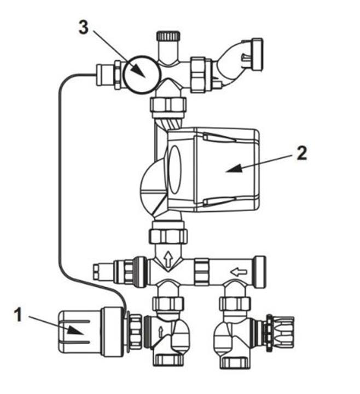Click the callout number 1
pyautogui.click(x=18, y=315)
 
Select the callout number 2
pyautogui.click(x=301, y=154)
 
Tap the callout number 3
pyautogui.click(x=84, y=27)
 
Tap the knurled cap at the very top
pyautogui.click(x=168, y=36)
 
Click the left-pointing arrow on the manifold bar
pyautogui.click(x=239, y=271)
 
